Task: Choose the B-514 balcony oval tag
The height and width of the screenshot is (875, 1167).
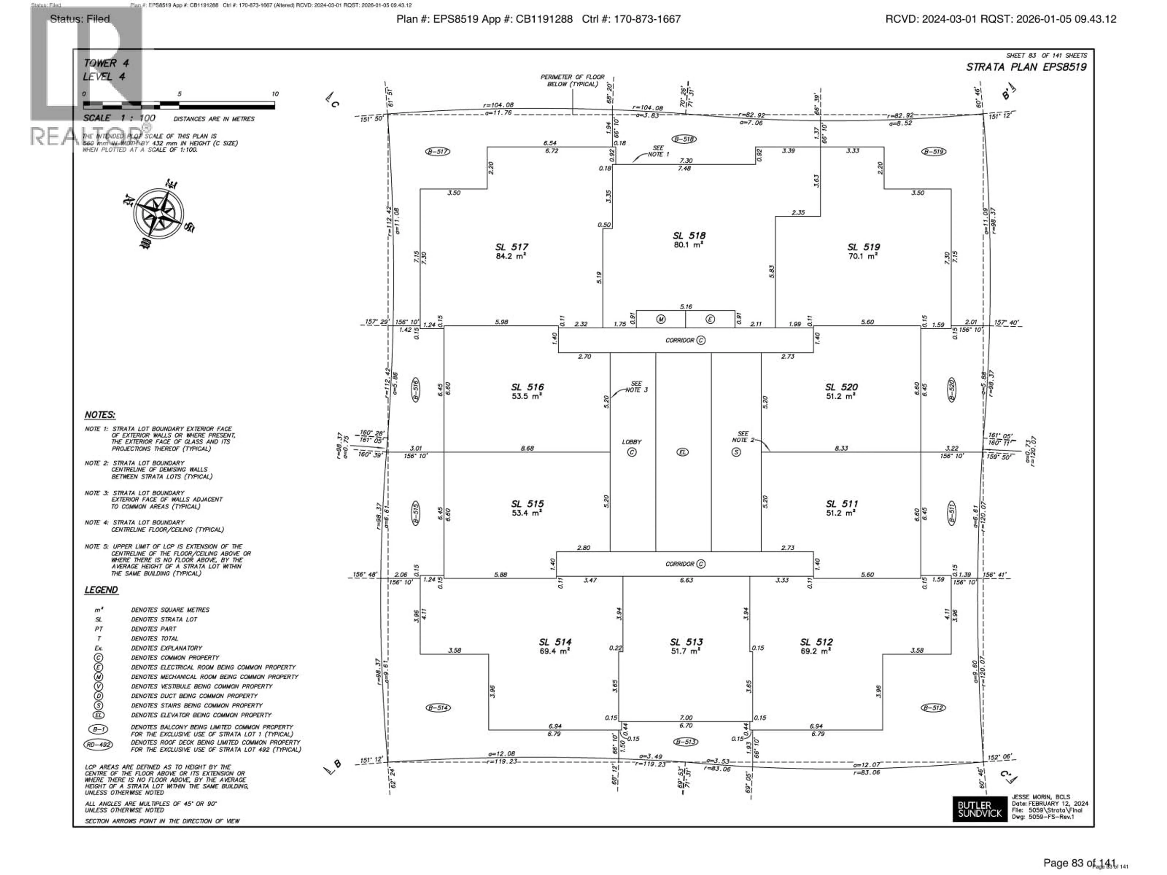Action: pos(438,708)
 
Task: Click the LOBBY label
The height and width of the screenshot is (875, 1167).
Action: pos(632,442)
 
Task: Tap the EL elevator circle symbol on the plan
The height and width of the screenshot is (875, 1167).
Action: pos(683,452)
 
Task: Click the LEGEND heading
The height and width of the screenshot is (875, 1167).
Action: pos(101,590)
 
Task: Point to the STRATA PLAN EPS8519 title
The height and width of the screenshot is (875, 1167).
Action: pos(1026,67)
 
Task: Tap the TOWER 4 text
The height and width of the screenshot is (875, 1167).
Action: pos(105,63)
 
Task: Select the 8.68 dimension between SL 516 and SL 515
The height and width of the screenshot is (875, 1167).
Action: pos(527,448)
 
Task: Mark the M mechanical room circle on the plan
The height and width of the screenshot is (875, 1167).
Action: pos(660,319)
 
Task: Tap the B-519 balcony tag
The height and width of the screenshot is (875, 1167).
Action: pos(933,152)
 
